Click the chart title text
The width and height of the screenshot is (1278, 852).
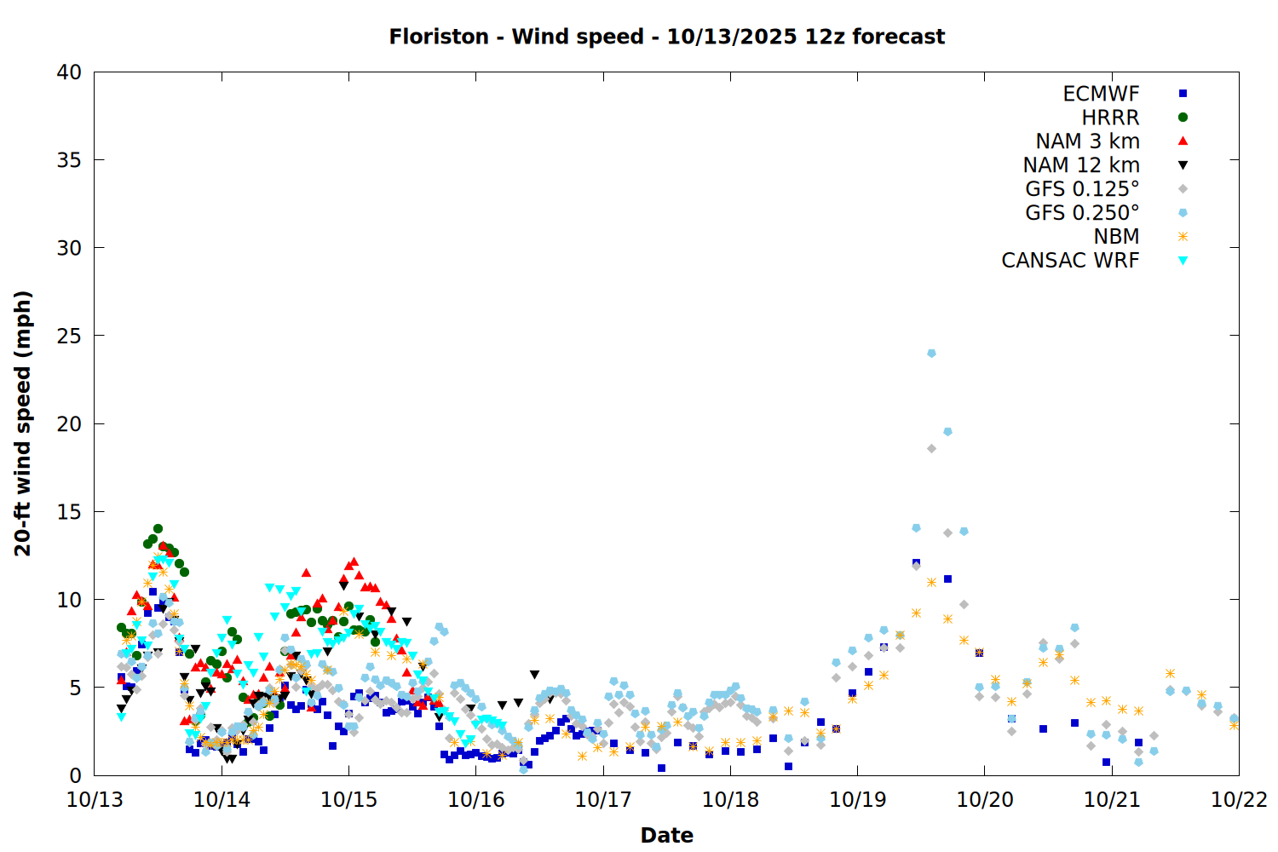666,37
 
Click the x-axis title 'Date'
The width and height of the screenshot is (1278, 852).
666,835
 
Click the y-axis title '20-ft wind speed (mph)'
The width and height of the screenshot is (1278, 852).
23,423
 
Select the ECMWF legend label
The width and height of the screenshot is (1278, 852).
1101,94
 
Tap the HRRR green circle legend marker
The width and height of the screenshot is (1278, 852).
1183,118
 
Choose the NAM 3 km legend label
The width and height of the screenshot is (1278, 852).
1087,141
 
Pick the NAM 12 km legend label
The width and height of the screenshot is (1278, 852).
1081,165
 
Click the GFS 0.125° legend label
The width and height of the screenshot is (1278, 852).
1082,189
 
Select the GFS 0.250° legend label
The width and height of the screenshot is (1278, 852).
1082,213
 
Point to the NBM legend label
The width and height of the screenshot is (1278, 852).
1116,237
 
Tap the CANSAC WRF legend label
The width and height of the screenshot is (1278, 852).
1070,261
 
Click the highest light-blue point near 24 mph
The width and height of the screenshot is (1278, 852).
931,353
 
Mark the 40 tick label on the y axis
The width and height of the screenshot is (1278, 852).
70,72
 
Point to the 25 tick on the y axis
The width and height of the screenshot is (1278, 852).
70,336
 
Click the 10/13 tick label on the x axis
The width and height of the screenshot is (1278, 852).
95,800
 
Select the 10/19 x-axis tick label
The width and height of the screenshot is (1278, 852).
857,800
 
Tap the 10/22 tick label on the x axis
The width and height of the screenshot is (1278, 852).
1239,800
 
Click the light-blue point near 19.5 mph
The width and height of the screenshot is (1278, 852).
947,432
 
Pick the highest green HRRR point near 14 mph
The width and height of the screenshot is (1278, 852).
158,529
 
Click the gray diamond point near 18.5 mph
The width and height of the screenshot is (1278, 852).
931,448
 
